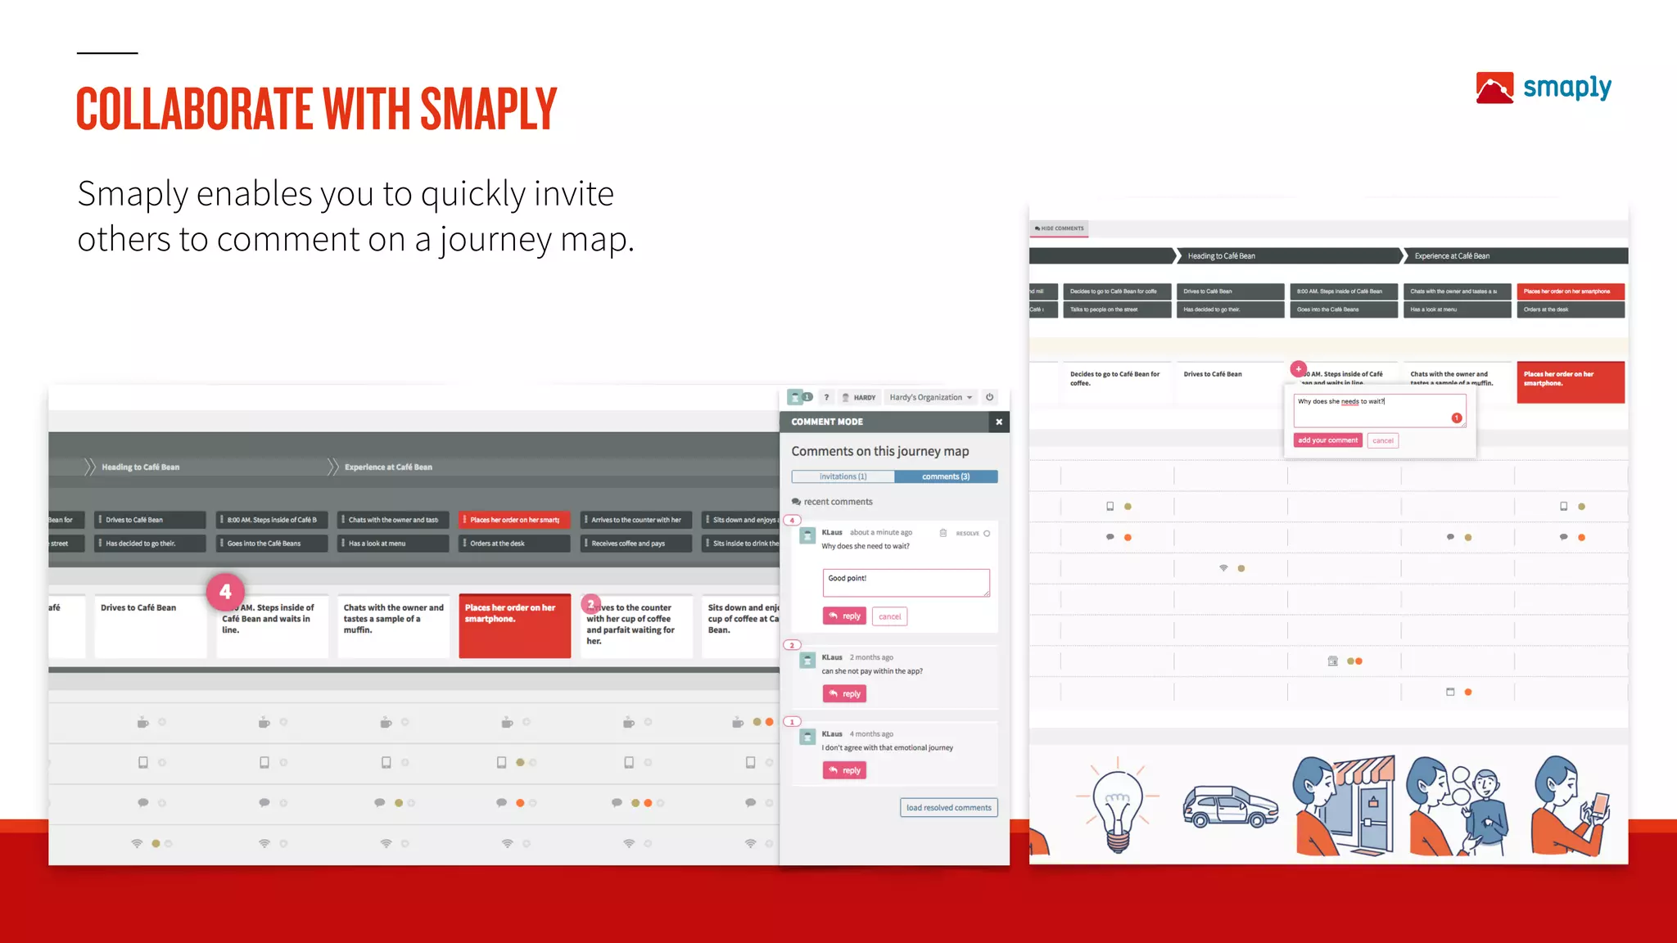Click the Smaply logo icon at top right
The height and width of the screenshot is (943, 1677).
click(1494, 88)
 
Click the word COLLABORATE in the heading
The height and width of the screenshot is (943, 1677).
click(194, 110)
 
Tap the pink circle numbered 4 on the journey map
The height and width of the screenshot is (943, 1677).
click(225, 592)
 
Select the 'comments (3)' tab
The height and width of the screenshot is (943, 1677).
click(946, 476)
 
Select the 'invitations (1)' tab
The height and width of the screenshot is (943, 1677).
click(843, 476)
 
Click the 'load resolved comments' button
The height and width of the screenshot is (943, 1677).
click(948, 808)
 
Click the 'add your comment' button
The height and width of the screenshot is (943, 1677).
click(1327, 440)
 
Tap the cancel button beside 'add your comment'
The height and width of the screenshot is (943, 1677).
click(1383, 440)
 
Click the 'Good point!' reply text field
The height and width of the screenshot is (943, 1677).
click(906, 583)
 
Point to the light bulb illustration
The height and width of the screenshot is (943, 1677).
click(1118, 806)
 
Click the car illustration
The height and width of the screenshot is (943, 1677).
click(1230, 807)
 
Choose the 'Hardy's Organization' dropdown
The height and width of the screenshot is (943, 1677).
click(930, 398)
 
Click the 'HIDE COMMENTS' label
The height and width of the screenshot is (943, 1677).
click(1060, 228)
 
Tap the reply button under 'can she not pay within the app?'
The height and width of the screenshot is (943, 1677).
click(844, 694)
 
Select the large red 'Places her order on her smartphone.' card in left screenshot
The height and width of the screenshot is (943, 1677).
click(514, 625)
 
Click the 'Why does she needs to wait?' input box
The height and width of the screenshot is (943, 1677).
click(1379, 410)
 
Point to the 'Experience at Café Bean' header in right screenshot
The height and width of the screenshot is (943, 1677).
click(1452, 256)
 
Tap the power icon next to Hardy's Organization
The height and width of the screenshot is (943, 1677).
click(989, 398)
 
